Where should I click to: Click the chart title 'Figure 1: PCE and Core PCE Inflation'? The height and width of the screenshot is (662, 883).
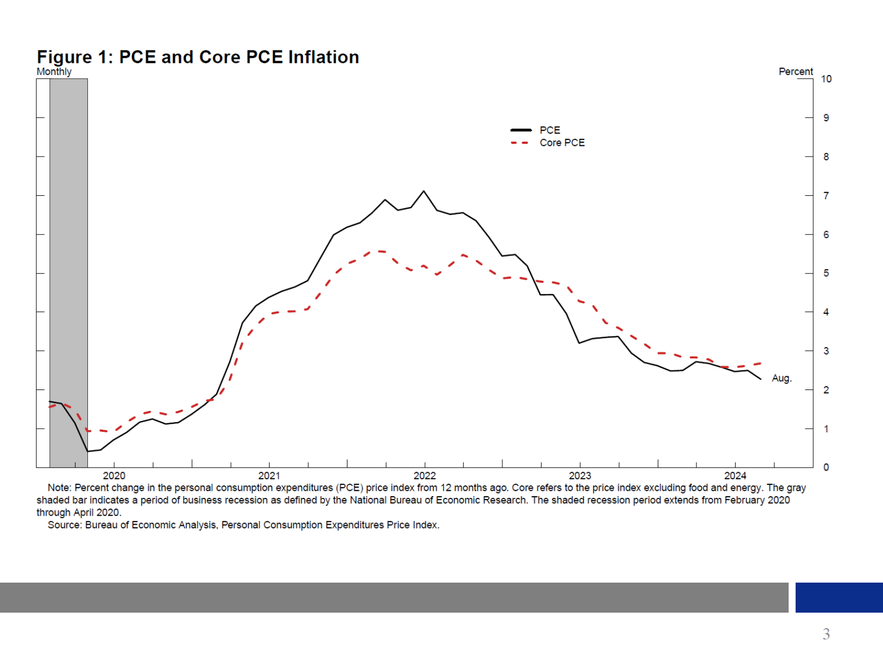click(x=198, y=57)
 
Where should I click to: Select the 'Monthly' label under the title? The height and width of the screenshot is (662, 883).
click(x=54, y=72)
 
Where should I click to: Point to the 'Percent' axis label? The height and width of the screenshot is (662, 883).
click(x=796, y=71)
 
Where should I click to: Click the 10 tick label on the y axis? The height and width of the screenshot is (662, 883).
click(x=826, y=79)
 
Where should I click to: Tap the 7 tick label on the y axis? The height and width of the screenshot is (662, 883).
click(x=826, y=196)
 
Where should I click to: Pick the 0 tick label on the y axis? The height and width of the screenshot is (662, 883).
click(x=826, y=467)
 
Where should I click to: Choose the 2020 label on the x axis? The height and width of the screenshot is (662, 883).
click(x=114, y=476)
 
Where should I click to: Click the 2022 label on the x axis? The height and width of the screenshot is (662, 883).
click(x=425, y=476)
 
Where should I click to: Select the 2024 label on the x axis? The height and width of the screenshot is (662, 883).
click(x=735, y=476)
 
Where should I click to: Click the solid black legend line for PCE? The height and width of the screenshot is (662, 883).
click(x=521, y=130)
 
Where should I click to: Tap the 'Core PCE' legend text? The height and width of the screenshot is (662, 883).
click(x=562, y=143)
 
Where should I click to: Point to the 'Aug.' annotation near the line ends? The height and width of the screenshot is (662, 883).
click(x=782, y=378)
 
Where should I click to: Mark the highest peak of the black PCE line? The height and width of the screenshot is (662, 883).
click(x=424, y=191)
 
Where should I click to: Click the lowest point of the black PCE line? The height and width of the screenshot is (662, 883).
click(x=88, y=451)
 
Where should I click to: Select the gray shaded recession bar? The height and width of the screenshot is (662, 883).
click(x=69, y=268)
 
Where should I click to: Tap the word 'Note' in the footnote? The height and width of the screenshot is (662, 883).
click(x=58, y=488)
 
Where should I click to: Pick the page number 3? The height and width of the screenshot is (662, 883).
click(x=826, y=634)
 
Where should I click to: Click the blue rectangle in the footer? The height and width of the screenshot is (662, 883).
click(x=839, y=597)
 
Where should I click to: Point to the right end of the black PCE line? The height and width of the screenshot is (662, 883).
click(x=761, y=379)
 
